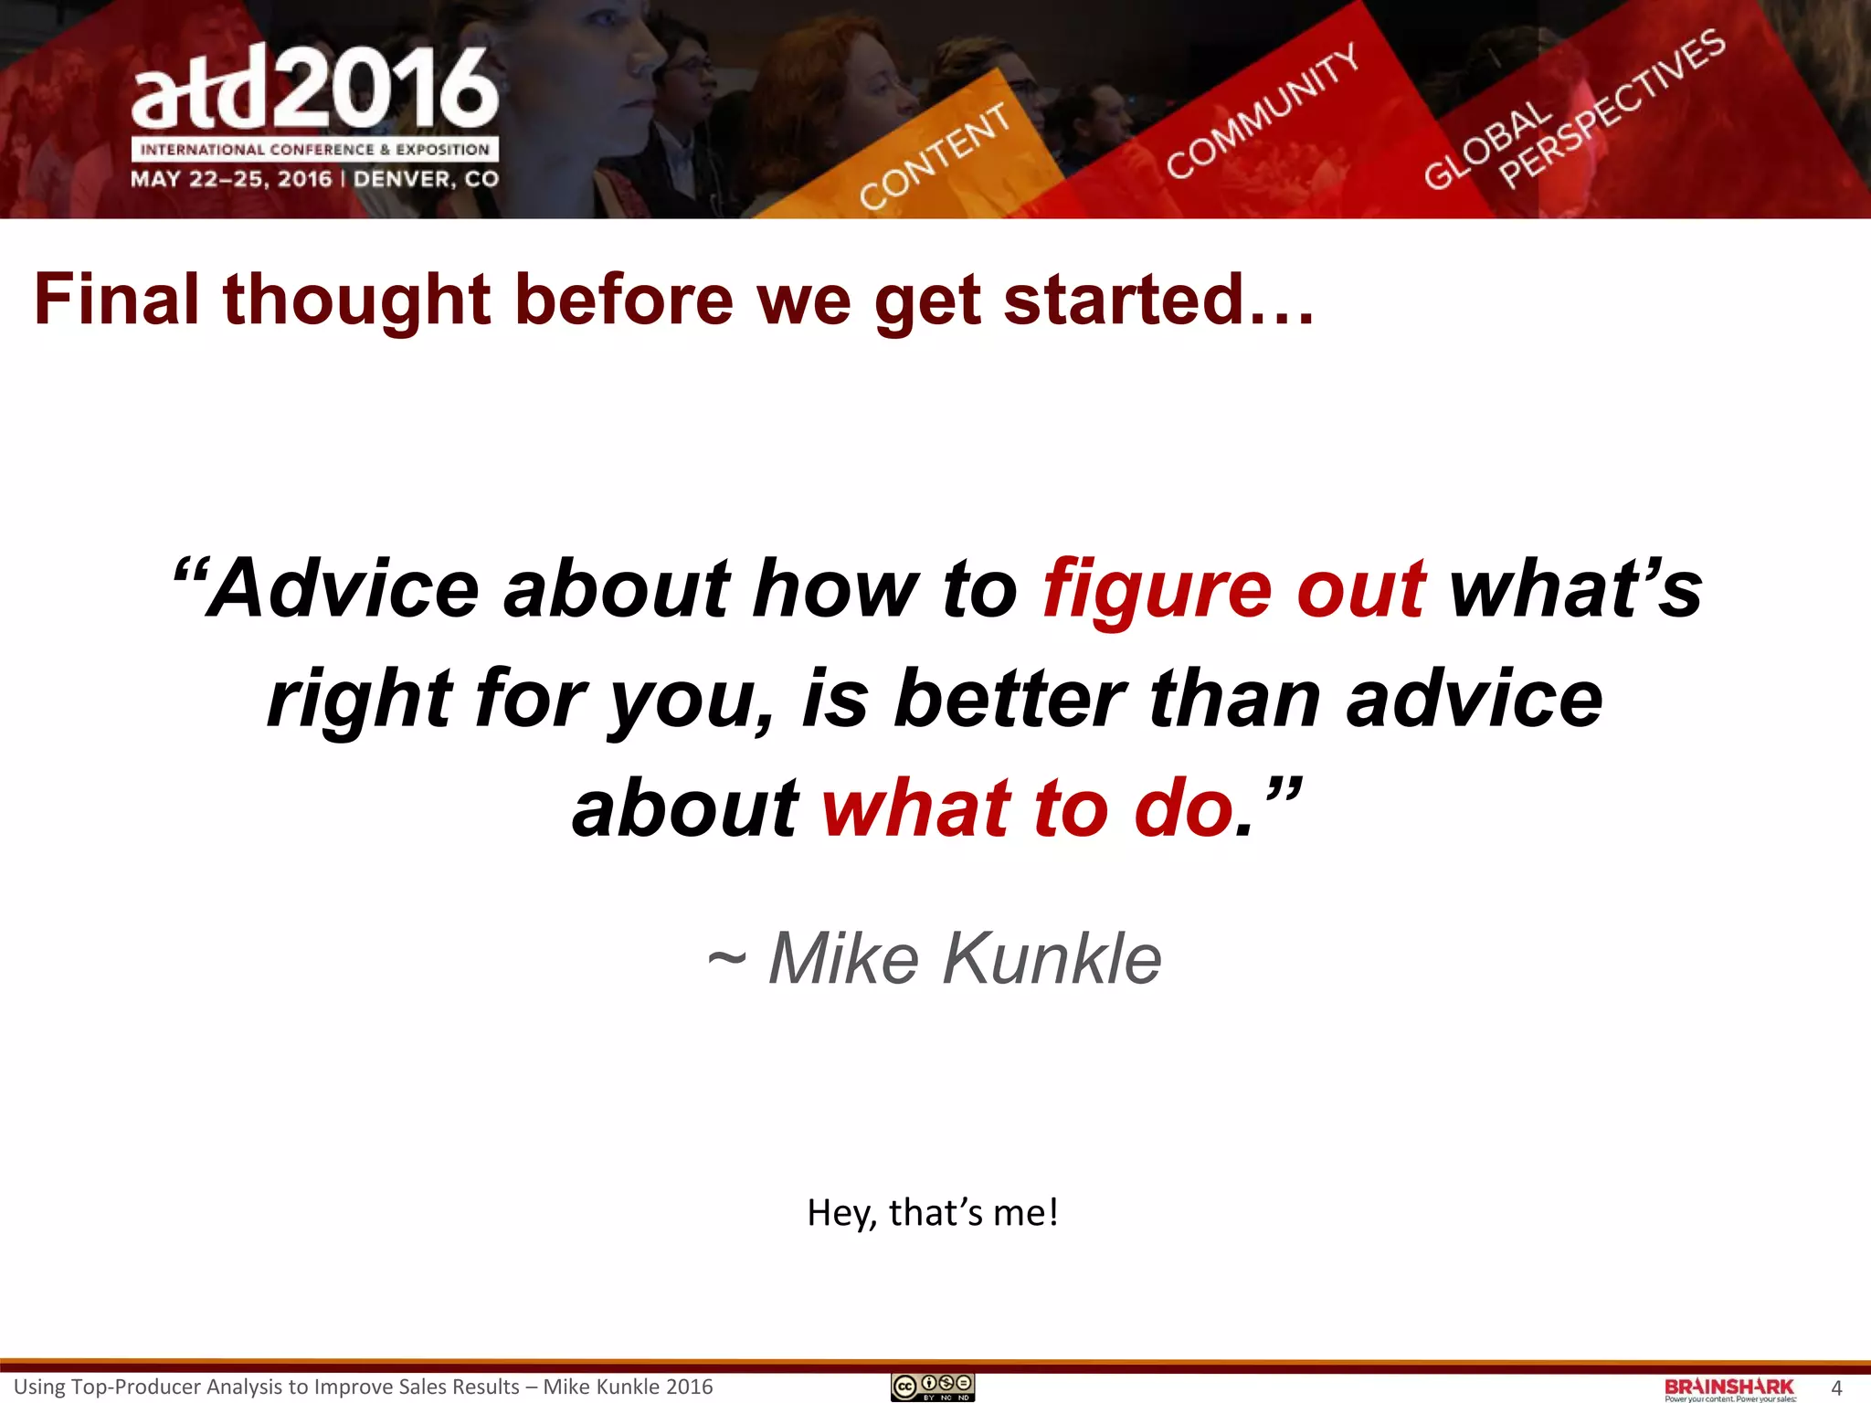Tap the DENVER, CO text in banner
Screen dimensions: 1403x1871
[427, 178]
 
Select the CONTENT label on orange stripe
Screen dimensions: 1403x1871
[935, 155]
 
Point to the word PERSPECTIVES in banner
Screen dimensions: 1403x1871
[1612, 109]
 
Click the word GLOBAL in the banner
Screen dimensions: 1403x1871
[1487, 146]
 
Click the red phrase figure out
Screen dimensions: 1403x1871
[1233, 589]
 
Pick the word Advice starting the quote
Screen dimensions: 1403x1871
[343, 589]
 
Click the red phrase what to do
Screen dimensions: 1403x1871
[1028, 808]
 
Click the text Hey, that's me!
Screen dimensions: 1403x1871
[933, 1212]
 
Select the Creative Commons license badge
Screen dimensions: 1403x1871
[933, 1387]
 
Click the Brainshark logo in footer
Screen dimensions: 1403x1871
[1729, 1388]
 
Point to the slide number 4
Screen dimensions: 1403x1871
[1836, 1388]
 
